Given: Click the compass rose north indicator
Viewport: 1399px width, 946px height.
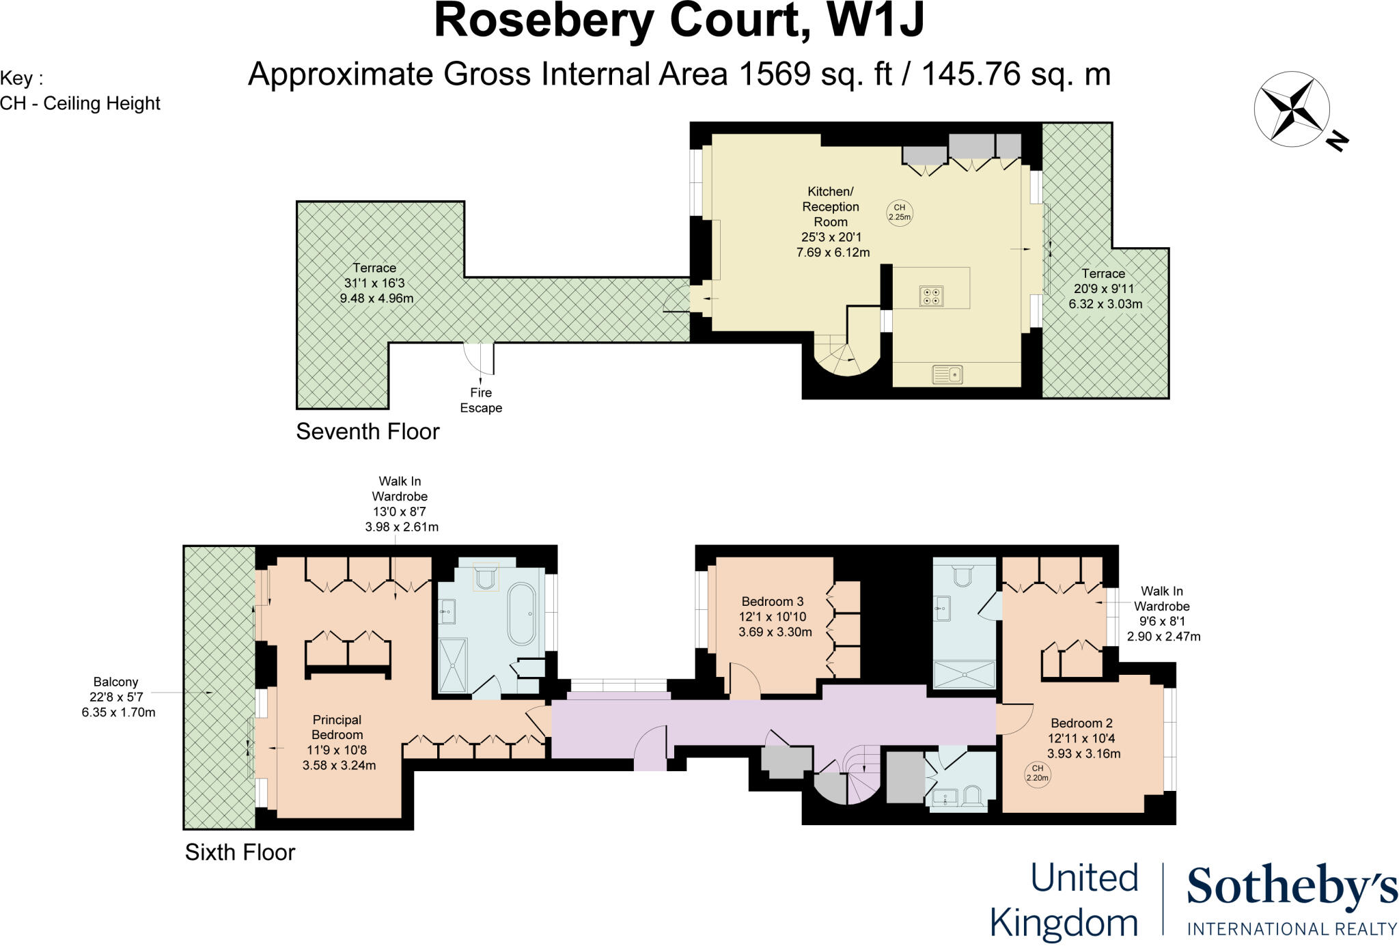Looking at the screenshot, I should [1336, 141].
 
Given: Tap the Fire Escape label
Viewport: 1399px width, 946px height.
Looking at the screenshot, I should [481, 400].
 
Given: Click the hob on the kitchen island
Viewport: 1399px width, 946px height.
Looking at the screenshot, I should [931, 296].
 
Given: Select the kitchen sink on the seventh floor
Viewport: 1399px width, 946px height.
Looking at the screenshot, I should [947, 374].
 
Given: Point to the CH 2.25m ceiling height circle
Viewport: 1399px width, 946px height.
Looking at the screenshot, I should [900, 212].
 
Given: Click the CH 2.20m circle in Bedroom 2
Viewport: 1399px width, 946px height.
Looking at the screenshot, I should [1037, 773].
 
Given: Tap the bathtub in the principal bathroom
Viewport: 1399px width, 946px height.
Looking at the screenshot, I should [523, 614].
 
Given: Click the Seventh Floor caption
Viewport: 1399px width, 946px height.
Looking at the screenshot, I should [368, 432].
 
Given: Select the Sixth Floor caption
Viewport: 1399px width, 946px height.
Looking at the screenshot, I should [240, 852].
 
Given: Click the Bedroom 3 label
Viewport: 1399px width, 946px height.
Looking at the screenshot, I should [773, 602].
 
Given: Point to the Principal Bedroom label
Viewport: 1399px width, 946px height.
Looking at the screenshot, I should [337, 727].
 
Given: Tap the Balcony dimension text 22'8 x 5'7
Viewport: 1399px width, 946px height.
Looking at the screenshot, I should [116, 697].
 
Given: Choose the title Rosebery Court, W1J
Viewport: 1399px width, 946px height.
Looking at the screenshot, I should [679, 21].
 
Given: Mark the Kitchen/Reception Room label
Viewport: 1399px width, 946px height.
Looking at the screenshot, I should [831, 206].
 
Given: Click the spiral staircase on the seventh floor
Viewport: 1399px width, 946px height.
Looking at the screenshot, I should [846, 353].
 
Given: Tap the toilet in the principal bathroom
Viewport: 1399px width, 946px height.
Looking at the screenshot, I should [486, 576].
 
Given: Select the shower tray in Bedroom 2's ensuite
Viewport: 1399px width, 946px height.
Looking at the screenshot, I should [964, 674].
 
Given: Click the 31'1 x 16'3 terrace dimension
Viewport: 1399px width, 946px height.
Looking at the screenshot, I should [374, 283].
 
